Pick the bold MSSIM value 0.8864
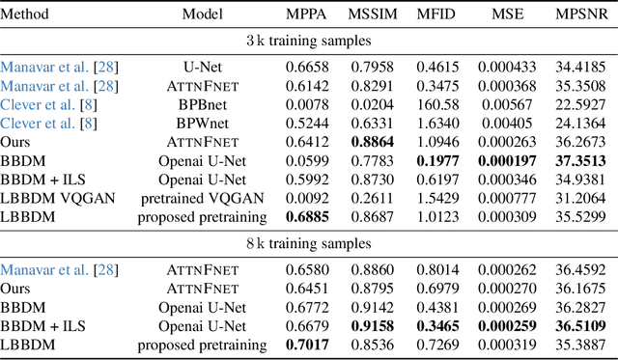click(x=371, y=140)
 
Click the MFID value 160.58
click(x=436, y=103)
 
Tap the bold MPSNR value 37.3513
click(x=580, y=158)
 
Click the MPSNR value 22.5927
click(x=580, y=103)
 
